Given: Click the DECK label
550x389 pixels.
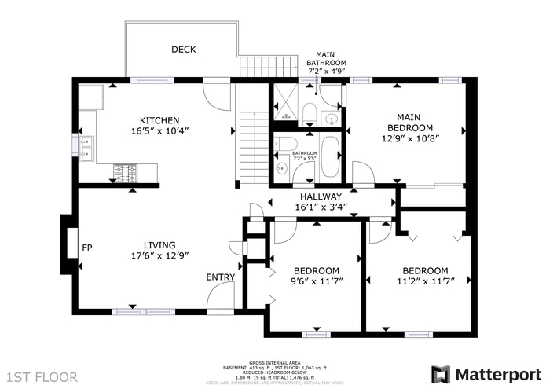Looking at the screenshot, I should (x=184, y=50).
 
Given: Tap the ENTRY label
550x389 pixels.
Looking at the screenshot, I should (x=220, y=277).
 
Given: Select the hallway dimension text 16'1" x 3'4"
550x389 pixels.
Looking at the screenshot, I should (x=321, y=207).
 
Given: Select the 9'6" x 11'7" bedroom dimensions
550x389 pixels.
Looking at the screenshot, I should (x=317, y=281).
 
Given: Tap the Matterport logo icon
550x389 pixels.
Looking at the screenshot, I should (x=442, y=373).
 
